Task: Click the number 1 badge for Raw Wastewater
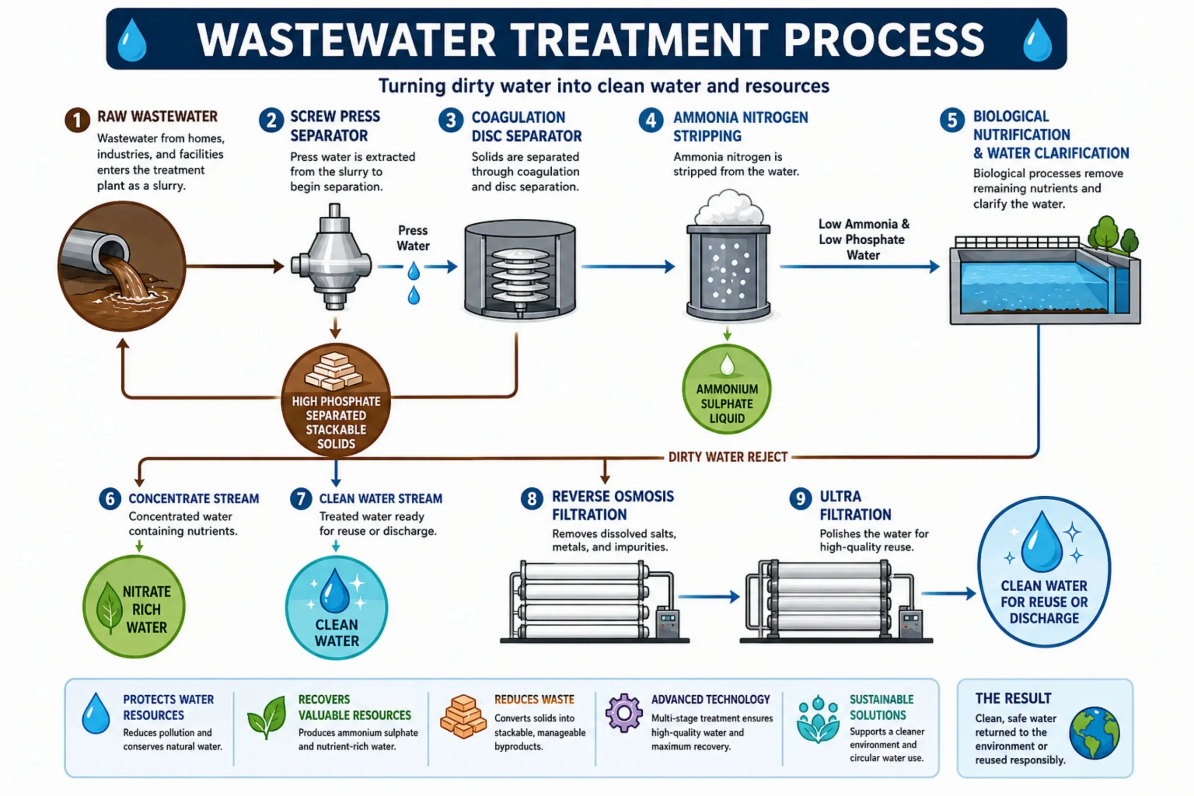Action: (77, 120)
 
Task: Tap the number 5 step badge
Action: (952, 120)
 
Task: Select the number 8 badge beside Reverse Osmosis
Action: (532, 498)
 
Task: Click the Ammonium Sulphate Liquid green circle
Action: (727, 389)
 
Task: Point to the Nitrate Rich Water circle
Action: (134, 607)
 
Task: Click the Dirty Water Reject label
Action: (728, 457)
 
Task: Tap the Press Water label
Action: (413, 238)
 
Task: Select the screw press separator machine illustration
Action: (332, 257)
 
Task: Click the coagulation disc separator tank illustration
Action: (520, 269)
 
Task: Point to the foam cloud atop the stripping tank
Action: (729, 207)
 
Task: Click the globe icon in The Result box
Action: (1095, 733)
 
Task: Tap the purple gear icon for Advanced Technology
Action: (624, 713)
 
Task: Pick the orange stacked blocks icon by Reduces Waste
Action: (463, 716)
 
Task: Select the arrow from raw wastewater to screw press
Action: (235, 266)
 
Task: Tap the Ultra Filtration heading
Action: (855, 505)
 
